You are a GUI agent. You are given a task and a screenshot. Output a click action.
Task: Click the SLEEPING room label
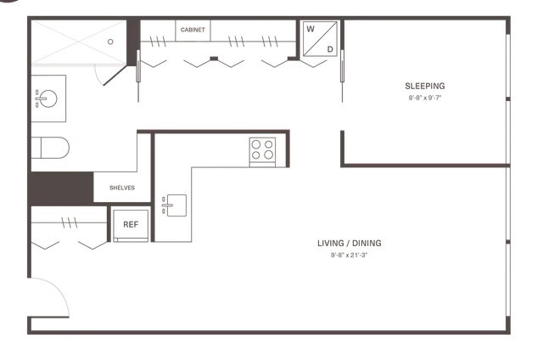pos(425,86)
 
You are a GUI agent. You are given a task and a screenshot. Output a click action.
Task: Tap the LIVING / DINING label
pos(350,243)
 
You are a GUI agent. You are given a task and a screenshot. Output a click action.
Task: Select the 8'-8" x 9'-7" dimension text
pos(425,98)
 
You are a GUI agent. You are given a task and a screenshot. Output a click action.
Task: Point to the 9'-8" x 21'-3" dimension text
pos(349,256)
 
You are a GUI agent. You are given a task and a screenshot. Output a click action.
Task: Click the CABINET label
pos(193,30)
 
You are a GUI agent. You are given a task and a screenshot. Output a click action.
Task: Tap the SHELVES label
pos(122,188)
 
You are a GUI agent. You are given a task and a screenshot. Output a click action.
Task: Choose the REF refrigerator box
pos(131,225)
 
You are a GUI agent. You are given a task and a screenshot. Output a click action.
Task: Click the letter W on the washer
pos(311,29)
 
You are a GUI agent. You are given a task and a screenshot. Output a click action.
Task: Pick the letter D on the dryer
pos(330,49)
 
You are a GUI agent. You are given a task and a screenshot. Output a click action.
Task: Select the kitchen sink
pos(176,205)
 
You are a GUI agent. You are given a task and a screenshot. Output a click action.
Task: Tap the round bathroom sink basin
pos(48,98)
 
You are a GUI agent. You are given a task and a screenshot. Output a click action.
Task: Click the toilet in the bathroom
pos(50,148)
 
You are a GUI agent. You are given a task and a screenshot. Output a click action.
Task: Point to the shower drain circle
pos(110,42)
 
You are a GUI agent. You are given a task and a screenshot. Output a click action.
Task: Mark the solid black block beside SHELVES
pos(61,188)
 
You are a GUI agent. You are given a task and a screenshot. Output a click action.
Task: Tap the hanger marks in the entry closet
pos(70,222)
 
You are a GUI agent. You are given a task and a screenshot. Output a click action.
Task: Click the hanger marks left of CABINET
pos(158,42)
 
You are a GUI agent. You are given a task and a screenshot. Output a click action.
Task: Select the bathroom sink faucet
pos(40,98)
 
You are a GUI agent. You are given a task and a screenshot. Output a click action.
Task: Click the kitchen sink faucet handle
pos(166,205)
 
